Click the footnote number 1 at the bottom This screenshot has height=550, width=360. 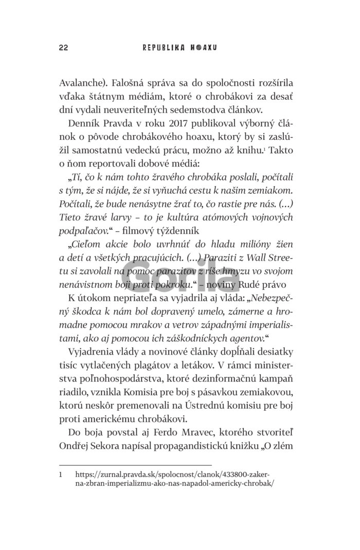(x=62, y=476)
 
